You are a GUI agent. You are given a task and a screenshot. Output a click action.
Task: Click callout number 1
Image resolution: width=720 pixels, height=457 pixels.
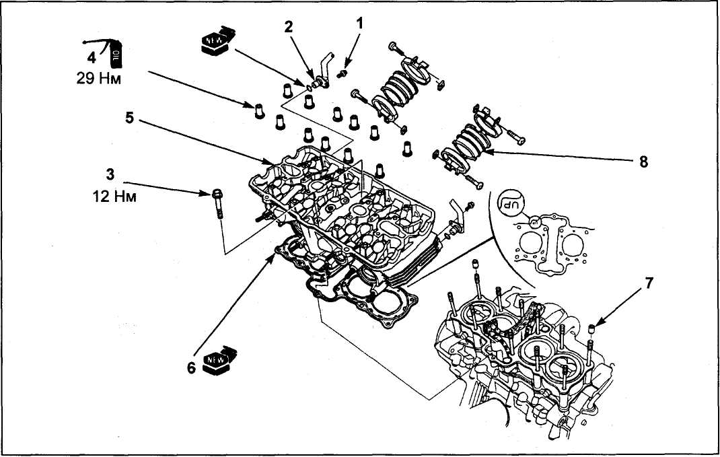tap(360, 24)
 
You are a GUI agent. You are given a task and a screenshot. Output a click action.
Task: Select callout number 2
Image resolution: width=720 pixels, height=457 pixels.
tap(289, 27)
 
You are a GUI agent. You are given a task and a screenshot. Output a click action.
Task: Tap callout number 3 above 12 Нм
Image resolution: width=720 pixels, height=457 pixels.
tap(110, 174)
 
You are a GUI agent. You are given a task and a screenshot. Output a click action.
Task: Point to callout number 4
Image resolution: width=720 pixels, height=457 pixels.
tap(92, 58)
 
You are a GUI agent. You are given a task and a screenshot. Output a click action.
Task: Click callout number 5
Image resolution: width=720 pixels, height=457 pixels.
tap(129, 118)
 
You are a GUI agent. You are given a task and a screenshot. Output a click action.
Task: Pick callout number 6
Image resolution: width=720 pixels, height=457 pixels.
tap(191, 367)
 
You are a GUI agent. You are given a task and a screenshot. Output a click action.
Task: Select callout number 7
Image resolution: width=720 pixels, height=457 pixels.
tap(649, 283)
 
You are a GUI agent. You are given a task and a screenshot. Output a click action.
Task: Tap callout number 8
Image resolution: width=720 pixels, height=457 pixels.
tap(643, 162)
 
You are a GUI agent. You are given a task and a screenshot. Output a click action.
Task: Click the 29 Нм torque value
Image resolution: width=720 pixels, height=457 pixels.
tap(99, 79)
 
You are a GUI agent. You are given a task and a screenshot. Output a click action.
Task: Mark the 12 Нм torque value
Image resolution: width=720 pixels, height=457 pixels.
tap(114, 197)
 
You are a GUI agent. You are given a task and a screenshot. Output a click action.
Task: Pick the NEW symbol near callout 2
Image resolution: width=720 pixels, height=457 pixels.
tap(218, 41)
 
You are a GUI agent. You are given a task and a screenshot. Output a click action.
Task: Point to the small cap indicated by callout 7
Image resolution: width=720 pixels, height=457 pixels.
tap(592, 328)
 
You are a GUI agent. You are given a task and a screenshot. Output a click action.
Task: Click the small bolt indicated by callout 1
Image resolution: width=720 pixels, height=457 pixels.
tap(342, 73)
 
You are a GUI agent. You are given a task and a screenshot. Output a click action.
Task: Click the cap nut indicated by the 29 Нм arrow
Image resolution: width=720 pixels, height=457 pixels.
tap(260, 110)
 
